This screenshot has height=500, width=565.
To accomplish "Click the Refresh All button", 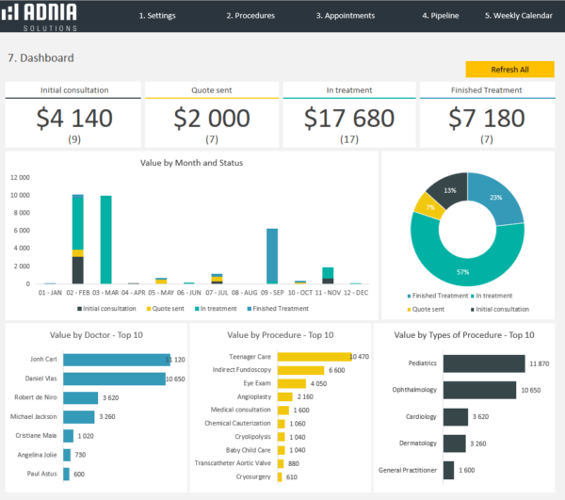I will pos(509,70).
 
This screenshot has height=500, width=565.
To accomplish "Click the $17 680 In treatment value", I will pos(350,118).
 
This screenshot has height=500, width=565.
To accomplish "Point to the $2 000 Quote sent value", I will pos(212,118).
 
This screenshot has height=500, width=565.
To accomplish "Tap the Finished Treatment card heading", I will pos(487,90).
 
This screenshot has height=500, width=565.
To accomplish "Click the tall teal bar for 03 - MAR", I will pos(106,239).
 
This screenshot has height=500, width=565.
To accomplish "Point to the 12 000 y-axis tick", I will pos(20,177).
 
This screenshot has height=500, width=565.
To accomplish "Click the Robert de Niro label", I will pos(33,397).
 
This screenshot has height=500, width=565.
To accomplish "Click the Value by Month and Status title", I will pos(191,163).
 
